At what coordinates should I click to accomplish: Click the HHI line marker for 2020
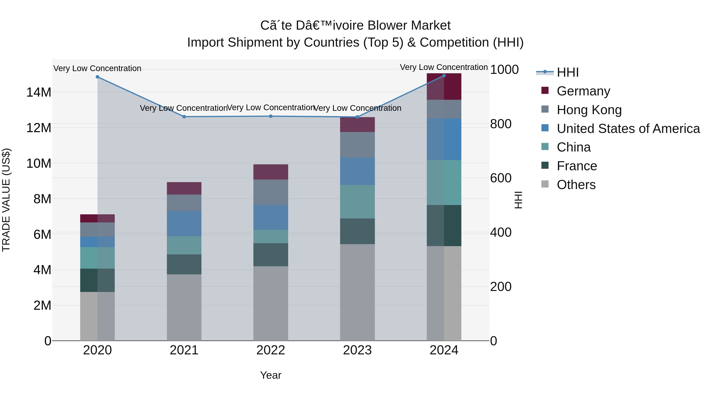coord(97,77)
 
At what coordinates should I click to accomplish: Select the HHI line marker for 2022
coord(271,116)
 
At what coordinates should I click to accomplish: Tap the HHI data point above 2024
coord(444,76)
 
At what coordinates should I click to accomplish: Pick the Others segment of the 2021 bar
coord(184,307)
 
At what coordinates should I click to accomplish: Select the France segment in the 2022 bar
coord(271,255)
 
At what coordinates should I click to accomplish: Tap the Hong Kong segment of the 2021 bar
coord(184,203)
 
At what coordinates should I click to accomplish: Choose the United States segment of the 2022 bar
coord(271,217)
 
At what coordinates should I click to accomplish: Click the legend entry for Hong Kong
coord(589,110)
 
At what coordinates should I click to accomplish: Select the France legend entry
coord(577,166)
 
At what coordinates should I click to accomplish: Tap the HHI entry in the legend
coord(567,72)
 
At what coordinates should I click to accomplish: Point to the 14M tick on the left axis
coord(39,92)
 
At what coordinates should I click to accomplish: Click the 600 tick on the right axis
coord(500,178)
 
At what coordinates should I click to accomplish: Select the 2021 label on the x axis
coord(184,350)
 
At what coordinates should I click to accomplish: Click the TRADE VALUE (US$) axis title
coord(6,200)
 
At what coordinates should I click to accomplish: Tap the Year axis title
coord(271,375)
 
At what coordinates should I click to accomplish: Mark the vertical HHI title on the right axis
coord(518,200)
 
